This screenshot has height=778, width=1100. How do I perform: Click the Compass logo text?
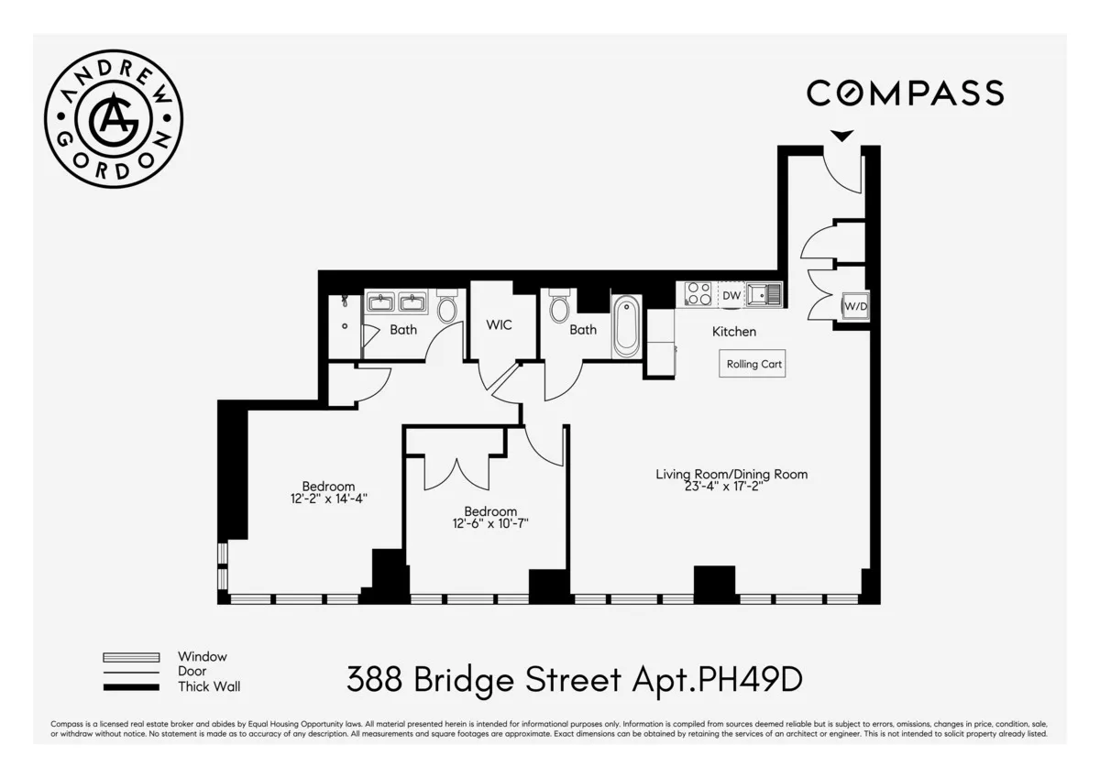pos(905,93)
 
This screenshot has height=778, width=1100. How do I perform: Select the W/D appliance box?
pos(854,306)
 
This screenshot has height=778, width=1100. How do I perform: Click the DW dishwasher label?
pos(731,295)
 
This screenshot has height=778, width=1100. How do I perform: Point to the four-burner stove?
pos(698,294)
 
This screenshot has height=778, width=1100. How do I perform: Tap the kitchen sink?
pos(763,294)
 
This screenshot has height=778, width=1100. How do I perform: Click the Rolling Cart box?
pos(753,364)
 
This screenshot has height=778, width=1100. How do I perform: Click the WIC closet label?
pos(499,325)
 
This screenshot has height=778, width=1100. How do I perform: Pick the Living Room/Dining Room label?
pos(731,474)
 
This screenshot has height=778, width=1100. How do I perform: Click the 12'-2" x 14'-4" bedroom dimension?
pos(328,499)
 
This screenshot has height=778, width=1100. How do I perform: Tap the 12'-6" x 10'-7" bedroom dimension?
pos(489,524)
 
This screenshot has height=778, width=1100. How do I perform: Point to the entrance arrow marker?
pos(841,136)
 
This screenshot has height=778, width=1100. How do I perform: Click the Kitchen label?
pos(734,332)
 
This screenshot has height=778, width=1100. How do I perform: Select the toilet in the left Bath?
pos(447,308)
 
